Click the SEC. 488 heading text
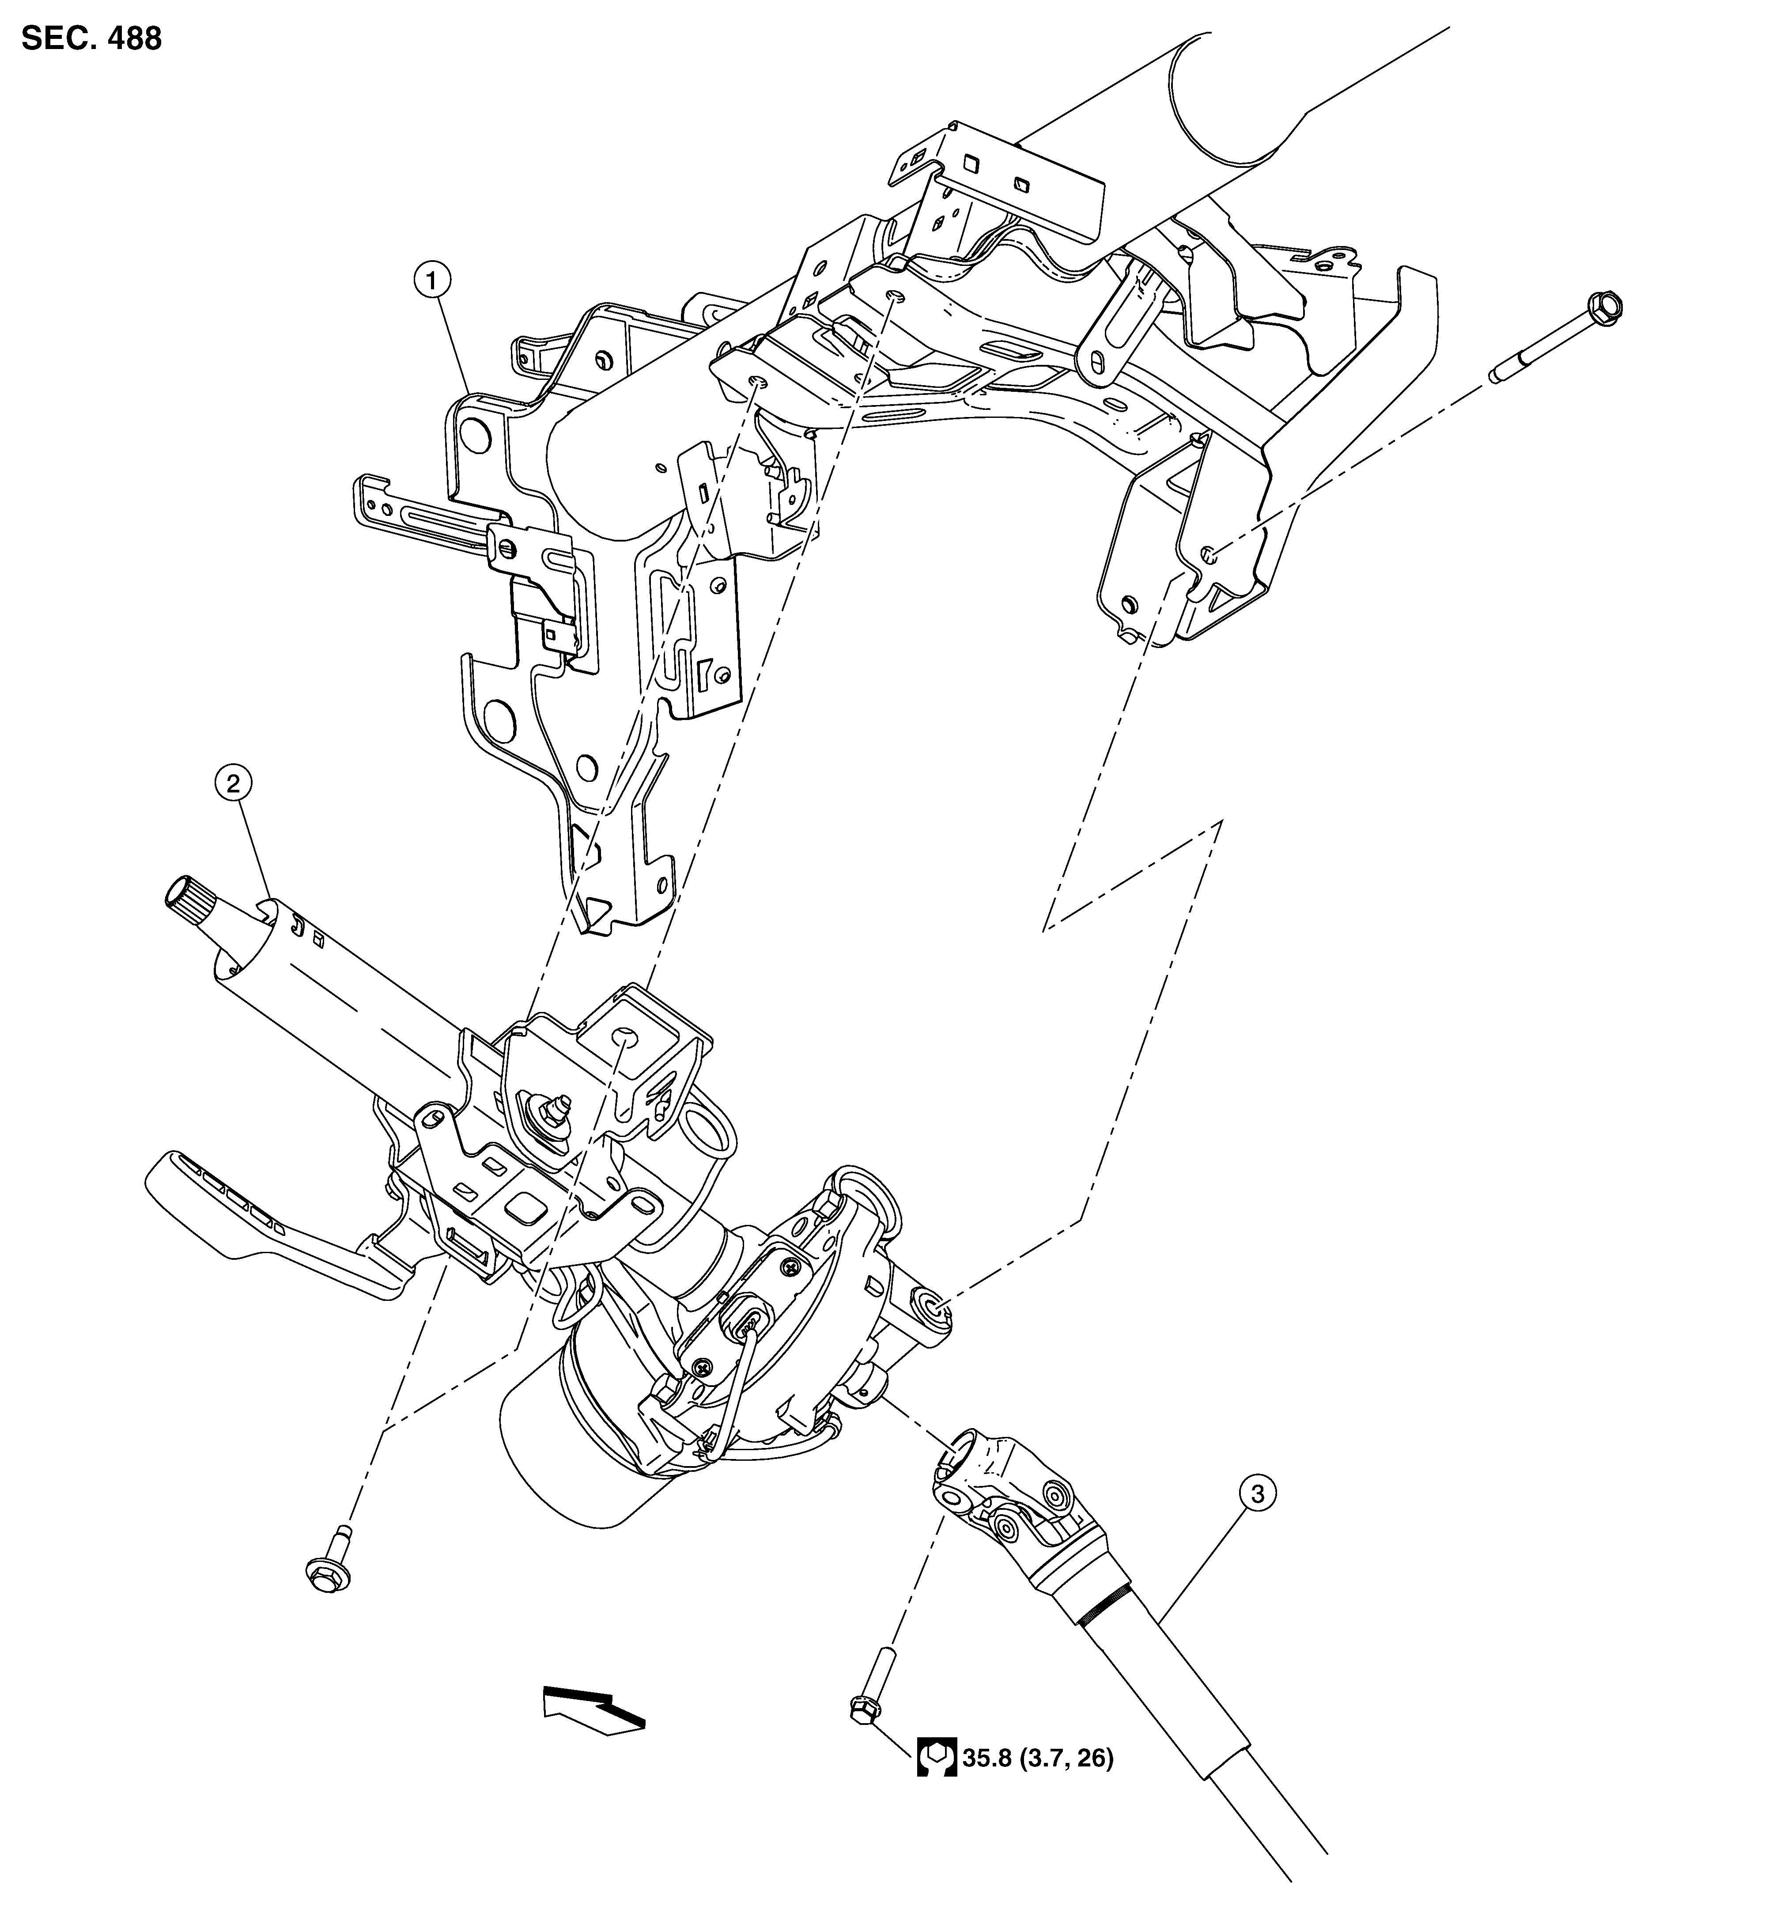pyautogui.click(x=91, y=38)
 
